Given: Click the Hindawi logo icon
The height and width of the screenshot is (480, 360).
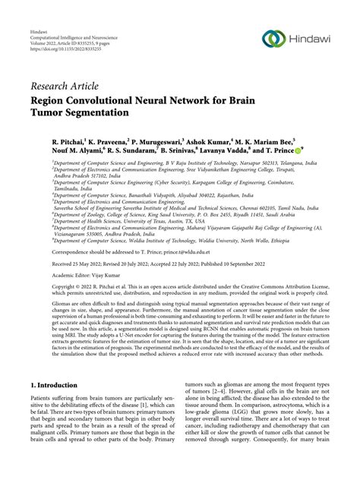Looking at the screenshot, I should [x=273, y=38].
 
